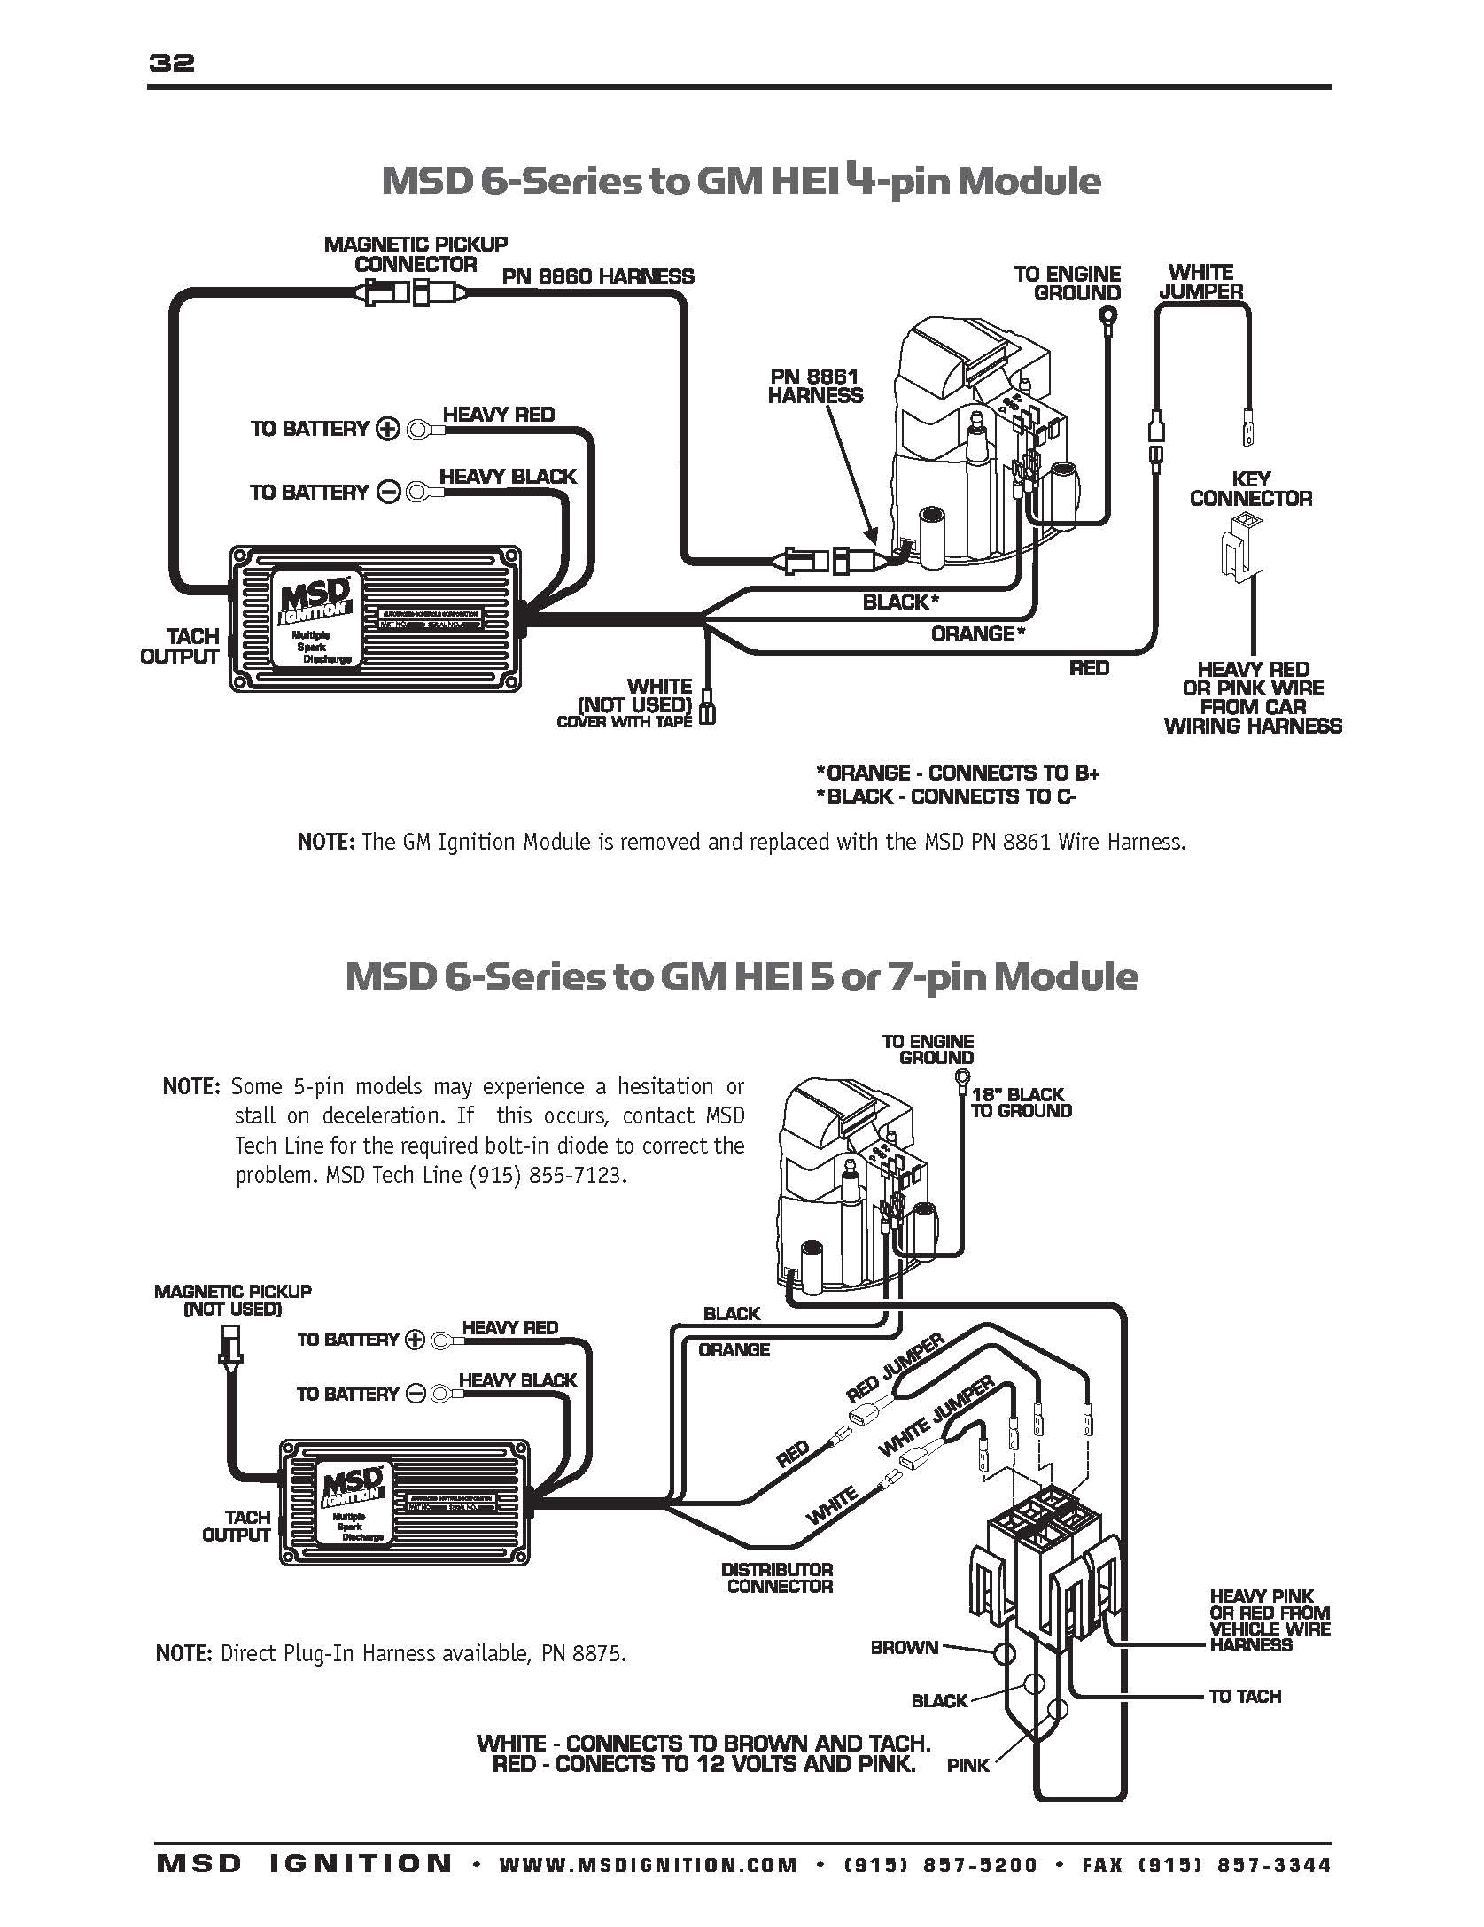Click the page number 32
tap(172, 63)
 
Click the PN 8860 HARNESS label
tap(598, 276)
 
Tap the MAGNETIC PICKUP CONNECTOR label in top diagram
tap(416, 254)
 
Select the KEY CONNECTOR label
tap(1251, 489)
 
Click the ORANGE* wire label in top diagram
tap(977, 633)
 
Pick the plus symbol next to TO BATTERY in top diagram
tap(388, 430)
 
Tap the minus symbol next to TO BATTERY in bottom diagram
tap(416, 1395)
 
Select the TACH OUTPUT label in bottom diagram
tap(236, 1527)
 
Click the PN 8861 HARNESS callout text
tap(814, 386)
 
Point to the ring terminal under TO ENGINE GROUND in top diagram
tap(1107, 315)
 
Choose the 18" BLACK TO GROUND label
tap(1021, 1102)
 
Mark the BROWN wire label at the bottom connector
tap(904, 1648)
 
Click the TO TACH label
tap(1245, 1696)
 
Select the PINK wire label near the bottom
tap(967, 1791)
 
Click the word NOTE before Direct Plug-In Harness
tap(183, 1652)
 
